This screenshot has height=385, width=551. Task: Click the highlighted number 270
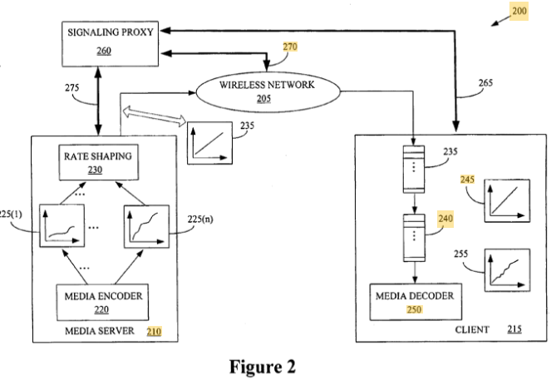click(290, 47)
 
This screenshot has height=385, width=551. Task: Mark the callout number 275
click(72, 87)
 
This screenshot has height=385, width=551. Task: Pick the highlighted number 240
click(445, 219)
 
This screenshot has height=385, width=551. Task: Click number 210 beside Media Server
click(155, 331)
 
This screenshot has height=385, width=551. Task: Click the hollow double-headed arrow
click(152, 117)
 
